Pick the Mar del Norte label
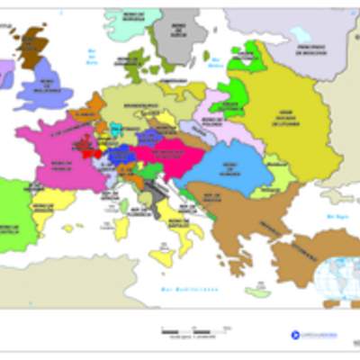pos(91,59)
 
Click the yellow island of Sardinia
pos(121,227)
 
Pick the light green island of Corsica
pos(124,206)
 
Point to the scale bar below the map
pos(185,331)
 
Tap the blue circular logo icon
pos(294,334)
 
